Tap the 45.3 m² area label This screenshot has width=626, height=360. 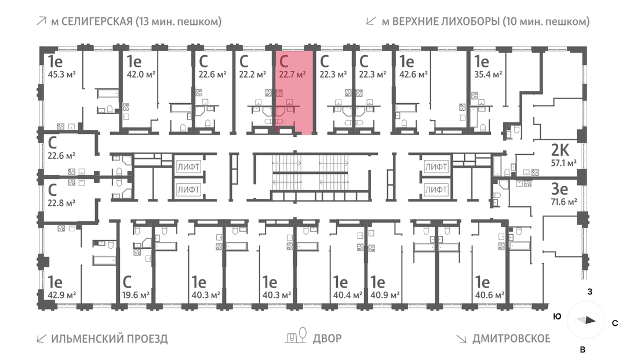[62, 74]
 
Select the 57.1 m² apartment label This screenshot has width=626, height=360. [563, 163]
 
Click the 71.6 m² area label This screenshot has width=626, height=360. [563, 202]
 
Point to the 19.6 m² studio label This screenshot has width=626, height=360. [136, 295]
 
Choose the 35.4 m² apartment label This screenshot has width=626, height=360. [487, 74]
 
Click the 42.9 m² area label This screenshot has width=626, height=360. [62, 295]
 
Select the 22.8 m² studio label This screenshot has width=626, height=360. [62, 203]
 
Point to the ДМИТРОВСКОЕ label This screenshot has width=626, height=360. [511, 338]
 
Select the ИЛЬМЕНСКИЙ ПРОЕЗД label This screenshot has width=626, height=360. [109, 338]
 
